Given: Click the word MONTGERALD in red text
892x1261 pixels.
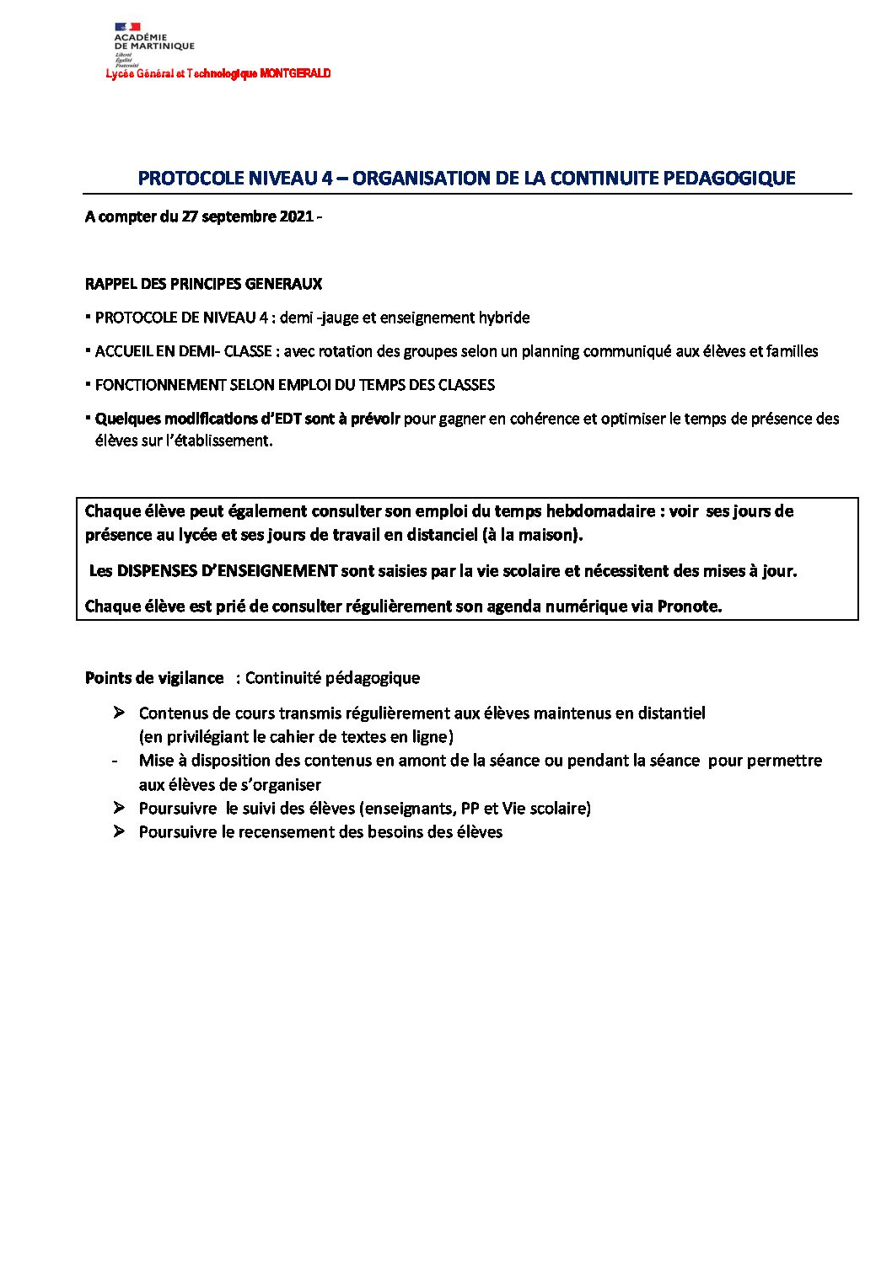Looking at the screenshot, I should (295, 74).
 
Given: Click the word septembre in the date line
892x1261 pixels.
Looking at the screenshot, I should (244, 216).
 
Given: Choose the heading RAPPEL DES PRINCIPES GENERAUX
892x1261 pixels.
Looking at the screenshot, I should (203, 284).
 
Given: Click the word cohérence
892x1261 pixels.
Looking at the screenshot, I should (545, 419).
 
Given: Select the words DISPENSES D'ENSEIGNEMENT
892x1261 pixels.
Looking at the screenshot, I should (227, 571).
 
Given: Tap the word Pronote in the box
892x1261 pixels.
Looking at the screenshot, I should (689, 606).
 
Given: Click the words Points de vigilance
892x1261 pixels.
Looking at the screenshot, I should (154, 678).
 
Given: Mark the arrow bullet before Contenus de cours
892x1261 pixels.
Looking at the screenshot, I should (119, 713).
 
